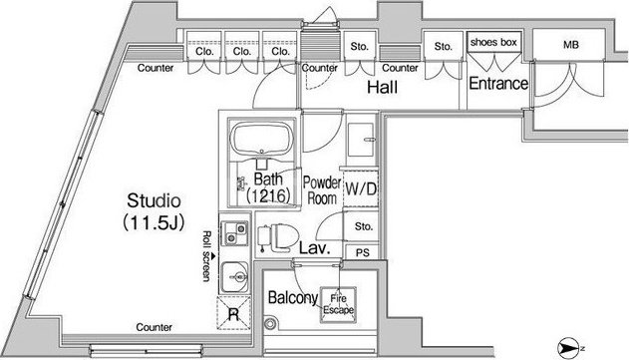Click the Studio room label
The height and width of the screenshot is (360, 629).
154,200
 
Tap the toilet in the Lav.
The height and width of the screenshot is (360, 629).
277,238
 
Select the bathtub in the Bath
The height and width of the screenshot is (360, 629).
263,139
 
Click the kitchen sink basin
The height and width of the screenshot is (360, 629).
235,276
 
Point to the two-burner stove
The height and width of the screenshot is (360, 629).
235,233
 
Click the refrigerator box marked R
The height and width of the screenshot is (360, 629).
234,313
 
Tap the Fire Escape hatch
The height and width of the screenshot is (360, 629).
338,304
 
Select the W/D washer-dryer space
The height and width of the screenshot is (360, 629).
361,188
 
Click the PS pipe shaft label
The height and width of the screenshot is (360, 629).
362,253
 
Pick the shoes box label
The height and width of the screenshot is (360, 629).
493,42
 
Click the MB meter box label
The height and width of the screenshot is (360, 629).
571,45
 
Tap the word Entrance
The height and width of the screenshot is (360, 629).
498,84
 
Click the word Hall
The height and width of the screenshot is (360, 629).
383,87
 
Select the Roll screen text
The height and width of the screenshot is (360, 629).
207,256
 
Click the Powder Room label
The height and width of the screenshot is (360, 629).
322,190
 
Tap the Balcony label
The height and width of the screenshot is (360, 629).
293,298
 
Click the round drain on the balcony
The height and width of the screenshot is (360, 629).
271,323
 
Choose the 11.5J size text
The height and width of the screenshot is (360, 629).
154,222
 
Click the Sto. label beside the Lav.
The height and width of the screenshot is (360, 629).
364,226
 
